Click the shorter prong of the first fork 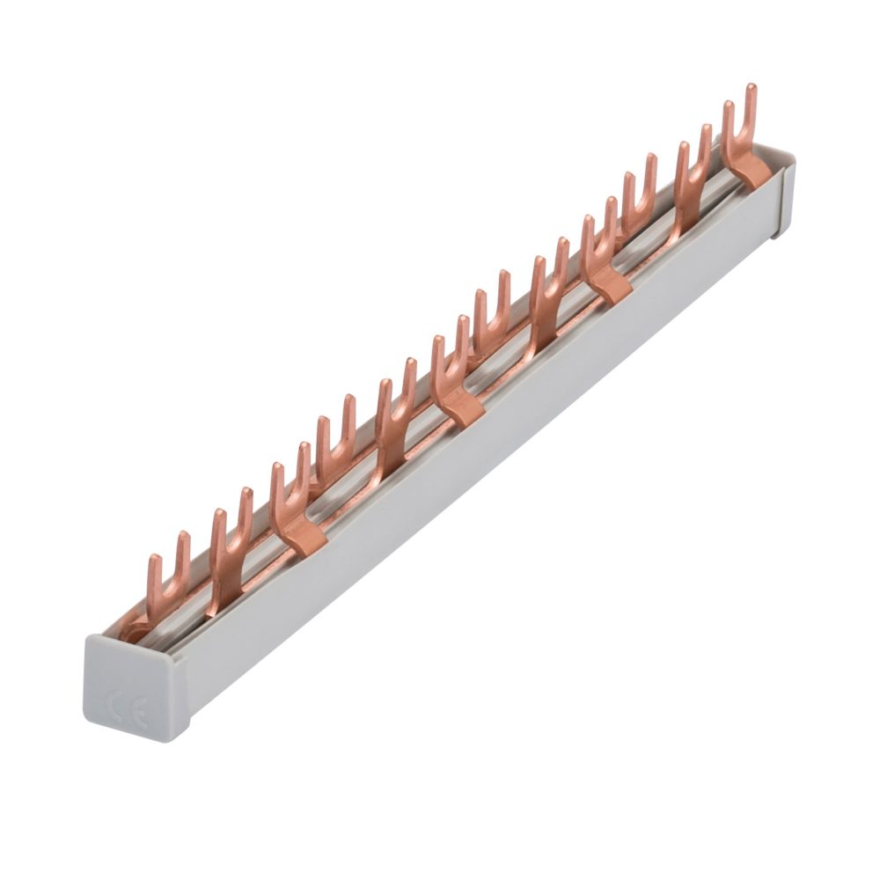pos(155,563)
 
